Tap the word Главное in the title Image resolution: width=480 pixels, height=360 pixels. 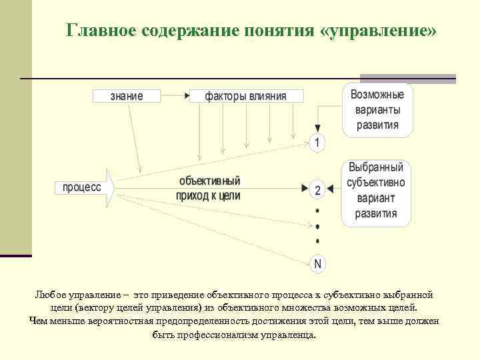coord(99,31)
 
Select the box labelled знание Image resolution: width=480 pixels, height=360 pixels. coord(126,96)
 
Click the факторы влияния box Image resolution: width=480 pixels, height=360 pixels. coord(246,96)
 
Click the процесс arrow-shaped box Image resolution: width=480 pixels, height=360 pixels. coord(84,188)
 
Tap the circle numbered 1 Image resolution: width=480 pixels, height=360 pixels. coord(317,142)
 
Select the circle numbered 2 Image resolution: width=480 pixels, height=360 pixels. coord(317,190)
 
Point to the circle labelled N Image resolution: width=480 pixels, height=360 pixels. coord(317,264)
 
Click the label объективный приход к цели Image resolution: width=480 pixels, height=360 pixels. coord(208,189)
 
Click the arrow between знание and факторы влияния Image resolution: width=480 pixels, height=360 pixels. coord(175,96)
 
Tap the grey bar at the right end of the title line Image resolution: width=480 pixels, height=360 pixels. coord(407,78)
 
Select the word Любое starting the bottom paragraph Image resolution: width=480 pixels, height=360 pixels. coord(50,294)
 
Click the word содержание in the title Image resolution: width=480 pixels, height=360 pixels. coord(181,31)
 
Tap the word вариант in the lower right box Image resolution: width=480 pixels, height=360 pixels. coord(376,199)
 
